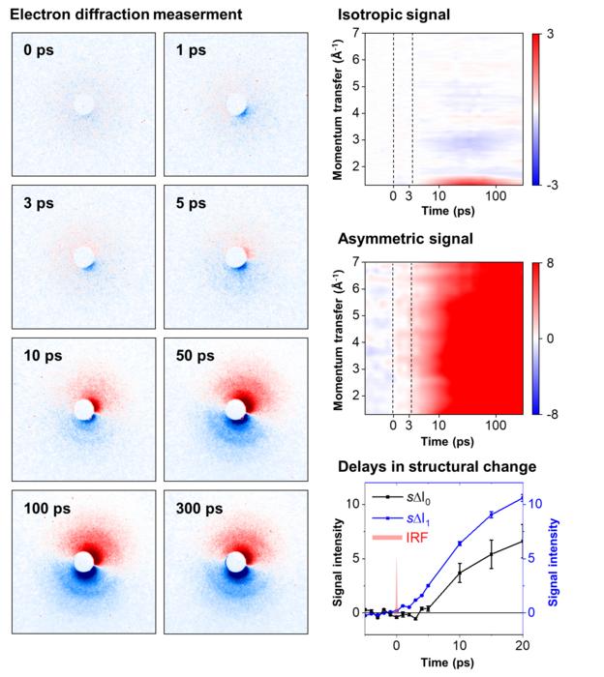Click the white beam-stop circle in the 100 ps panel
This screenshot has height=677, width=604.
tap(84, 562)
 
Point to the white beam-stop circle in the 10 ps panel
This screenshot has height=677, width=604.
tap(84, 410)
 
